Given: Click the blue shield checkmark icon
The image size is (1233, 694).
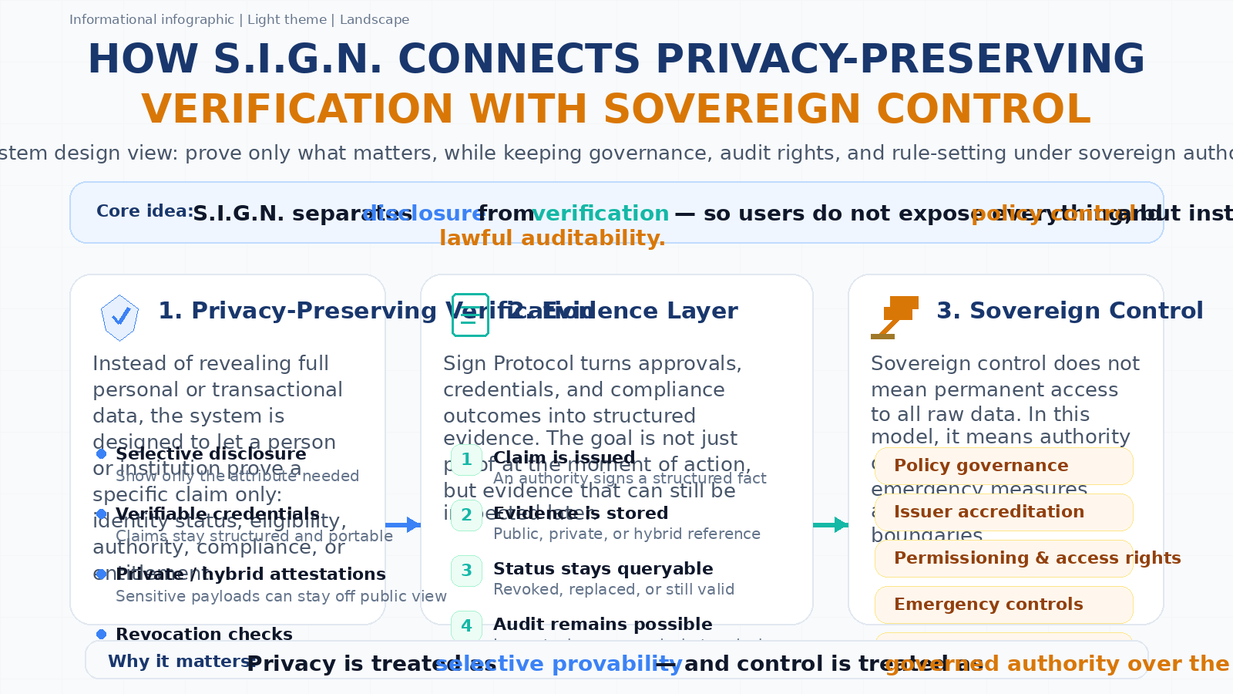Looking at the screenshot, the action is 119,317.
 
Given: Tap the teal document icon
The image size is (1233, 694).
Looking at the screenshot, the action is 470,315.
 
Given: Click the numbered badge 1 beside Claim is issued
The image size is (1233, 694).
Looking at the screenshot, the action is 466,460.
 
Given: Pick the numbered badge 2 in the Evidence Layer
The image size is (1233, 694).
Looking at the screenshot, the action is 466,515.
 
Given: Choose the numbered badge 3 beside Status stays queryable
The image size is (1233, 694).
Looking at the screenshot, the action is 466,571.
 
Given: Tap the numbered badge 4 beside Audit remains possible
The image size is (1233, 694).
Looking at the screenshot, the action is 466,625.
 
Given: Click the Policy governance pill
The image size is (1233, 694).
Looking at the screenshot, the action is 1003,466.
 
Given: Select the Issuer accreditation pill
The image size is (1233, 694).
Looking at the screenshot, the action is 1003,512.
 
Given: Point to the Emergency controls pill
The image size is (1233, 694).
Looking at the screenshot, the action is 1003,605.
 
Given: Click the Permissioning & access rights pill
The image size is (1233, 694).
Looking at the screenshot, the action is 1003,558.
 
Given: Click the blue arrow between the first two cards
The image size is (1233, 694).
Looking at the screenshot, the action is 402,525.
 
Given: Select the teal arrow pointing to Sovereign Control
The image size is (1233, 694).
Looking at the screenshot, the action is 831,525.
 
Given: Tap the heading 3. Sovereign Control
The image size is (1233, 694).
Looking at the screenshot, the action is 1069,311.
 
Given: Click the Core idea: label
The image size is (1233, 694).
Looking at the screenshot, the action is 145,211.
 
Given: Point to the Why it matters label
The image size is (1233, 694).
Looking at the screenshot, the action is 180,662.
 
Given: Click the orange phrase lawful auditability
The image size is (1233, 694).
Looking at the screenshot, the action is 552,238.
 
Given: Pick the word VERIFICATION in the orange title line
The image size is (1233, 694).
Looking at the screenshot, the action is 297,109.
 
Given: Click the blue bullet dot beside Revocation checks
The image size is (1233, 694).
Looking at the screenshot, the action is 101,634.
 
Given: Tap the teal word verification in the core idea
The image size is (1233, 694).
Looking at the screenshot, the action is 600,214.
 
